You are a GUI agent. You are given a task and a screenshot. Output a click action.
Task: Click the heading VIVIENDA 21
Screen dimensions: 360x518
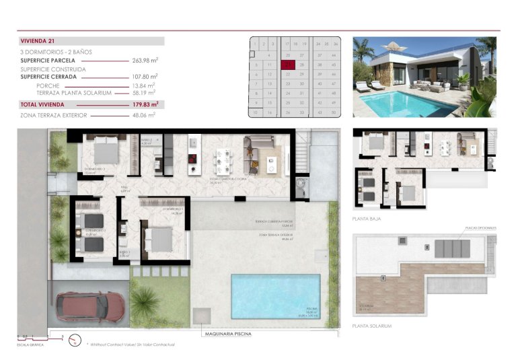[39, 41]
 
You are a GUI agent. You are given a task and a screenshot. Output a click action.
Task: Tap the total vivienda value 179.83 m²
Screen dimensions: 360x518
[144, 104]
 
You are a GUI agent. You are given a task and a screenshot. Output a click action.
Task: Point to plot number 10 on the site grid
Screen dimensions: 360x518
[255, 112]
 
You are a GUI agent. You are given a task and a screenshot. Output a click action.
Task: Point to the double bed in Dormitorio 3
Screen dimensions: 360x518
[106, 149]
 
